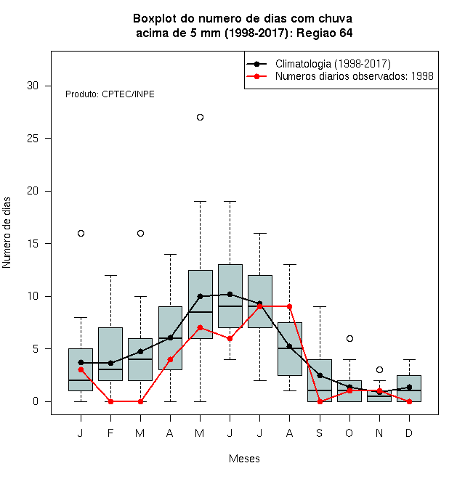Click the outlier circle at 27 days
[x=200, y=118]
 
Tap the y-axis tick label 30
[x=33, y=86]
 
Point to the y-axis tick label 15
[x=33, y=244]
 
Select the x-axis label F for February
[x=110, y=433]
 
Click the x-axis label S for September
[x=320, y=433]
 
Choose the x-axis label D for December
[x=409, y=433]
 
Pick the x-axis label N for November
[x=379, y=433]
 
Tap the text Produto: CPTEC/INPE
[x=110, y=94]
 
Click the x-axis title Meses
[x=244, y=459]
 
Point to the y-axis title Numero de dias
[x=7, y=233]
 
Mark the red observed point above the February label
[x=110, y=402]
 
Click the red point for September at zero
[x=320, y=402]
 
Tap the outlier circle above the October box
[x=349, y=338]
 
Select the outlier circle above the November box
[x=379, y=370]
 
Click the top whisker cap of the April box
[x=171, y=254]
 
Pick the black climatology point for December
[x=409, y=388]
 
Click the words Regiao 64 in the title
[x=325, y=33]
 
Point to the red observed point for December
[x=409, y=402]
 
